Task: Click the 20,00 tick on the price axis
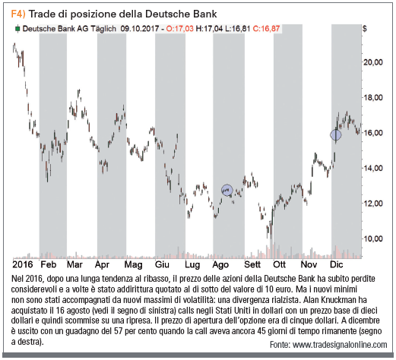[x=373, y=62]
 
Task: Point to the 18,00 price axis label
[x=373, y=97]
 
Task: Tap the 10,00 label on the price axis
[x=373, y=238]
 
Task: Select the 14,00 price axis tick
[x=373, y=168]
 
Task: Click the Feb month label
[x=49, y=264]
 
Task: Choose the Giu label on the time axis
[x=162, y=264]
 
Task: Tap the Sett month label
[x=252, y=264]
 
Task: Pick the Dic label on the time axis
[x=337, y=264]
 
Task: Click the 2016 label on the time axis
[x=23, y=264]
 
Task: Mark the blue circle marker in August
[x=227, y=190]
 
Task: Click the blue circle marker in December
[x=336, y=135]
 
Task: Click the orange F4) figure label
[x=18, y=14]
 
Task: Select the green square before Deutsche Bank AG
[x=17, y=29]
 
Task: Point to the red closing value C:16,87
[x=266, y=29]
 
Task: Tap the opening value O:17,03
[x=179, y=29]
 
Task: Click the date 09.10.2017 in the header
[x=140, y=29]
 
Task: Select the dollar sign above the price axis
[x=364, y=29]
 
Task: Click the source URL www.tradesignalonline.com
[x=340, y=345]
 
